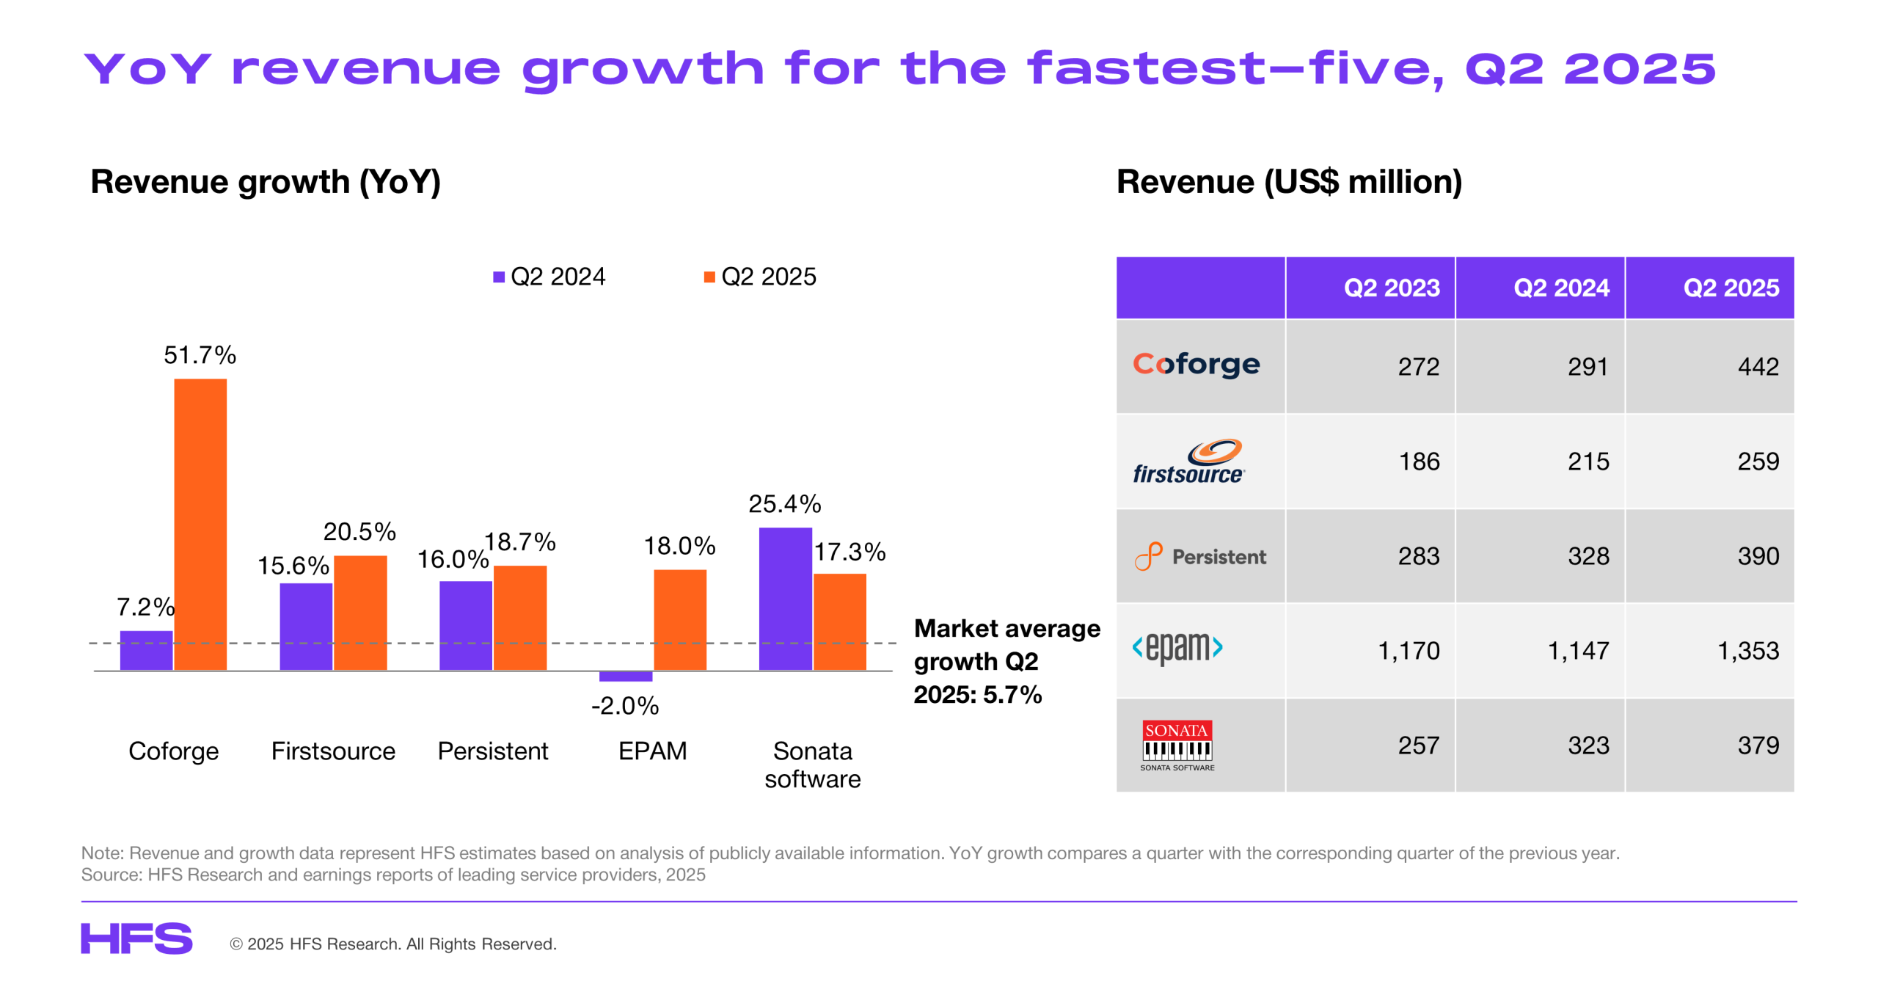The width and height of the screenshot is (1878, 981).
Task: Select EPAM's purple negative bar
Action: [x=625, y=676]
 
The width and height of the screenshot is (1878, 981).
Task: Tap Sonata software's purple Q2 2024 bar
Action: [x=785, y=598]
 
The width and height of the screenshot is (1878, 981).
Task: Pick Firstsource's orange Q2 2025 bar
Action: [x=360, y=612]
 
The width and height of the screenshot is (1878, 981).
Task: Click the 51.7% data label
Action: [x=200, y=355]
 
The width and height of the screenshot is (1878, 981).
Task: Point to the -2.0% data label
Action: [x=625, y=706]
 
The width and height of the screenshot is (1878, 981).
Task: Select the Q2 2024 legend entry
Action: [x=549, y=277]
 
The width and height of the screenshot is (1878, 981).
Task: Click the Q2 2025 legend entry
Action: [x=760, y=277]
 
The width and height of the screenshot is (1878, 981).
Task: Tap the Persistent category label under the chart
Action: [x=492, y=751]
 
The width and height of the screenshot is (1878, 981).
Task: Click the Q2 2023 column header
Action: [x=1391, y=288]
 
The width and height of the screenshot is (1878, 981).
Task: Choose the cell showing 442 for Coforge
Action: [x=1757, y=366]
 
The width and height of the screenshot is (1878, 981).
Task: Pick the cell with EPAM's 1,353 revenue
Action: [x=1747, y=650]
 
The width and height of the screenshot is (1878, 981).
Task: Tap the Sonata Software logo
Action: [x=1177, y=745]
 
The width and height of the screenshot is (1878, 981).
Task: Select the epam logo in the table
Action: [x=1177, y=647]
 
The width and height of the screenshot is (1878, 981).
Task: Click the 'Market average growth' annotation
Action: [x=1006, y=660]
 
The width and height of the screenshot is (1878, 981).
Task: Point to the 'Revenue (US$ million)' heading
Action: [x=1289, y=182]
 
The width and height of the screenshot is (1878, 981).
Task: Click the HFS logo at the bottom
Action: [x=136, y=938]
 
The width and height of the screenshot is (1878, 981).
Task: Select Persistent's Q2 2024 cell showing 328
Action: [x=1588, y=556]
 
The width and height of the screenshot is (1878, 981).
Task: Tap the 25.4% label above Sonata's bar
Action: [x=784, y=504]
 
